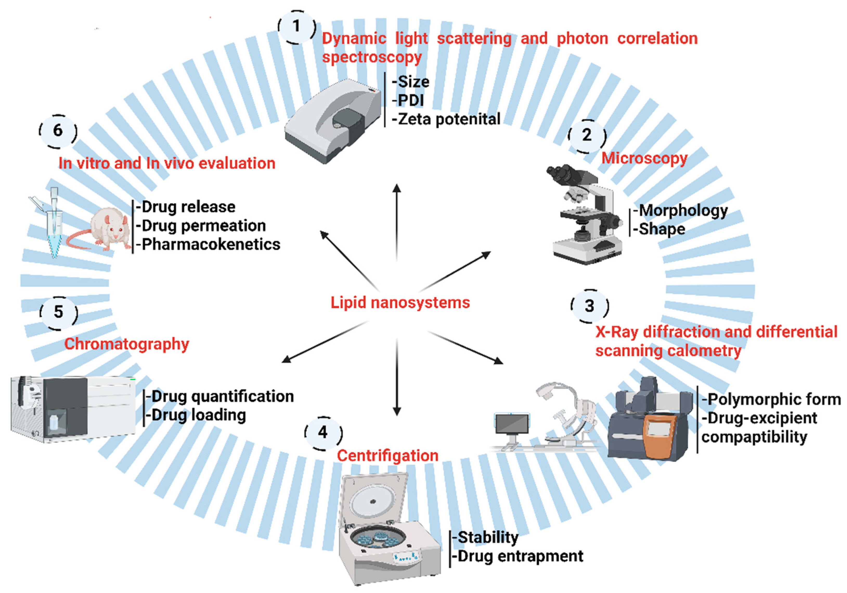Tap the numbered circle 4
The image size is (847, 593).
323,433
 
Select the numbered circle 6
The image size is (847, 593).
58,131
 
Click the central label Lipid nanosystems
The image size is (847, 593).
400,302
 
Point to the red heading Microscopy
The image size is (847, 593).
644,158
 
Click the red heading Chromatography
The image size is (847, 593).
127,344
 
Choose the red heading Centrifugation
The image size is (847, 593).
387,456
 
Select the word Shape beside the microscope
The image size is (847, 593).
661,229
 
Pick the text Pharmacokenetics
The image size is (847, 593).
211,244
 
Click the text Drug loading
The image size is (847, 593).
198,415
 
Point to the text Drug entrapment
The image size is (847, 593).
520,556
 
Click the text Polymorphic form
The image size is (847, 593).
774,399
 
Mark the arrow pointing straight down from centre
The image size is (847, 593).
397,376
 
